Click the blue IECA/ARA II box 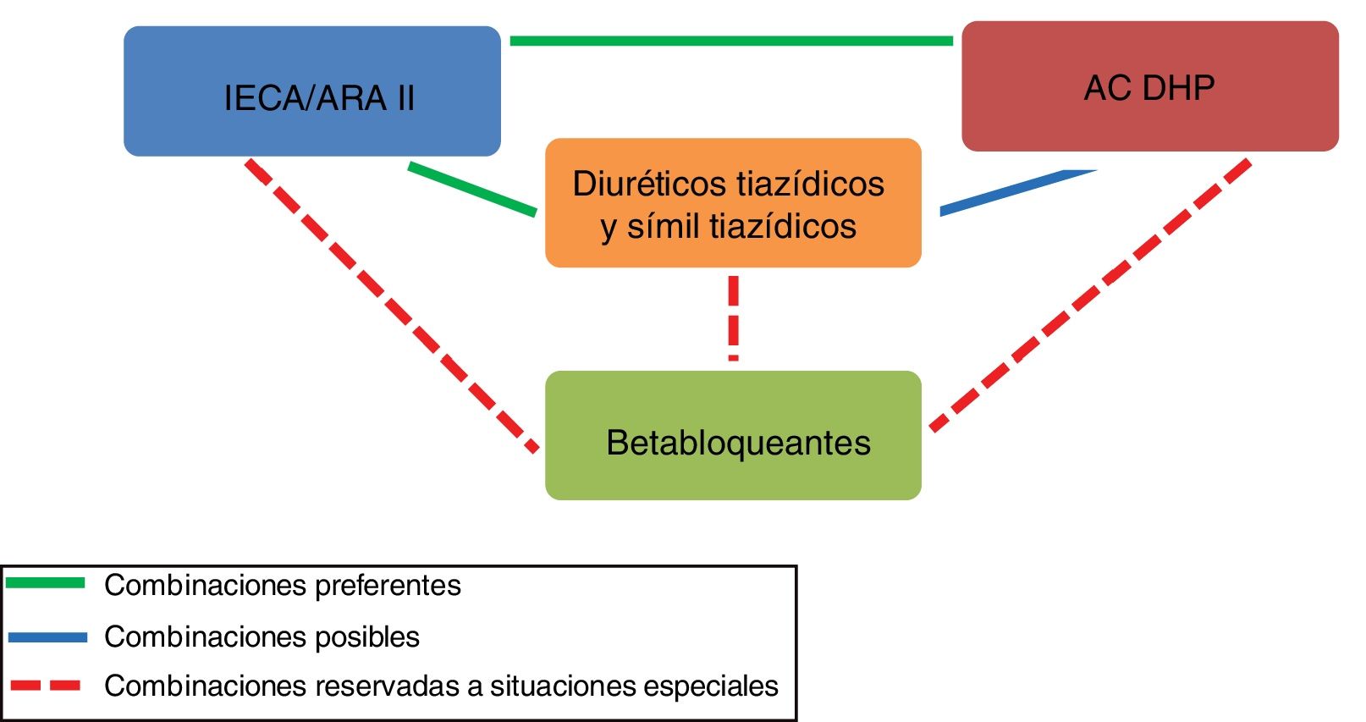click(x=311, y=91)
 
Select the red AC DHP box click(x=1149, y=86)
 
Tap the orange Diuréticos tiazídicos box click(x=733, y=203)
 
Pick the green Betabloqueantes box click(x=733, y=435)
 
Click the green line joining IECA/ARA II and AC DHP click(x=731, y=41)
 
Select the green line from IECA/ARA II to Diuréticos click(x=472, y=189)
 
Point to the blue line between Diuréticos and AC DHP click(x=1016, y=191)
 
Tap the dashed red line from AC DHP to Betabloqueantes click(x=1092, y=293)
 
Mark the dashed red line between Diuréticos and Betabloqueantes click(x=733, y=318)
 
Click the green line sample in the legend click(x=46, y=583)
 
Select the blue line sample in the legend click(x=47, y=637)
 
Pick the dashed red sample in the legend click(x=46, y=686)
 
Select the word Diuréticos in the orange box click(x=648, y=185)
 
